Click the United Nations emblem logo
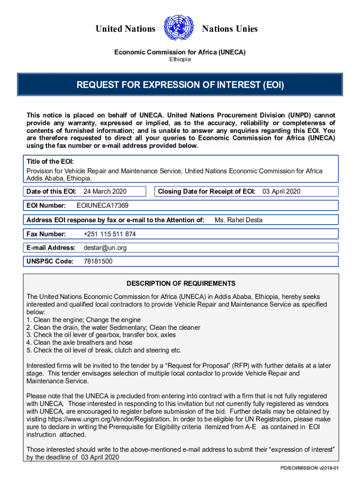tap(179, 29)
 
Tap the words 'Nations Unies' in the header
tap(230, 29)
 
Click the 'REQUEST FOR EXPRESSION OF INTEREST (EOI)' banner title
tap(180, 86)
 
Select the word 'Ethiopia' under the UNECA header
tap(180, 59)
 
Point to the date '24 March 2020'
tap(105, 191)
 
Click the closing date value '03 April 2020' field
tap(281, 191)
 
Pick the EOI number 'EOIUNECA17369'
tap(102, 205)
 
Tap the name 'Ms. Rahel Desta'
tap(238, 220)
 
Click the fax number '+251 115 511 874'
tap(110, 234)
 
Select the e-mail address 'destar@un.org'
tap(105, 247)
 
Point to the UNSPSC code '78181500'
tap(98, 261)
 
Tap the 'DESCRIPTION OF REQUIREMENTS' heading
tap(181, 283)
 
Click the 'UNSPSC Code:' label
tap(50, 261)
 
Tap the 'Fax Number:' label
tap(46, 234)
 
